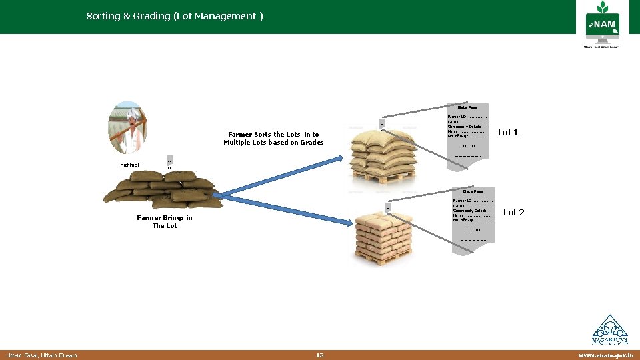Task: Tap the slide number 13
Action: click(320, 355)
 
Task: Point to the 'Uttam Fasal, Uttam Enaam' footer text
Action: click(41, 355)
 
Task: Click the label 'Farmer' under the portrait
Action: click(130, 165)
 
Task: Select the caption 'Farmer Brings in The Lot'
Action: click(165, 221)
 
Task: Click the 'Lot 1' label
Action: click(508, 133)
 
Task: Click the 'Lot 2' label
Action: click(514, 213)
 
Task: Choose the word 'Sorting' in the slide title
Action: click(104, 16)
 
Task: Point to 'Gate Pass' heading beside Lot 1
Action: click(467, 107)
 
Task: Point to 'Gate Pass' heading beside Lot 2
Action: click(473, 191)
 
